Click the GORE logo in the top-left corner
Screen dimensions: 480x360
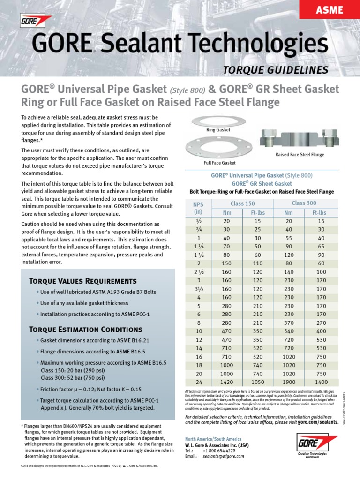coord(36,21)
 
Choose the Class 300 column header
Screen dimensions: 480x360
coord(304,203)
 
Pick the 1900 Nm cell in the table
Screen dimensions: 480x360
coord(289,382)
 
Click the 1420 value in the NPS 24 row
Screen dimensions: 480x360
coord(227,382)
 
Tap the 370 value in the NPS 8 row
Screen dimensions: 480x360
coord(289,323)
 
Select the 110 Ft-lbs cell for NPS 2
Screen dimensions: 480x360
coord(258,263)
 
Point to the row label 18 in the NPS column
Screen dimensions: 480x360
coord(199,365)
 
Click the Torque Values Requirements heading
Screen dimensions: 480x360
coord(82,281)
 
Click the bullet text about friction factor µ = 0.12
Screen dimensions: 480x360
coord(90,390)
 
